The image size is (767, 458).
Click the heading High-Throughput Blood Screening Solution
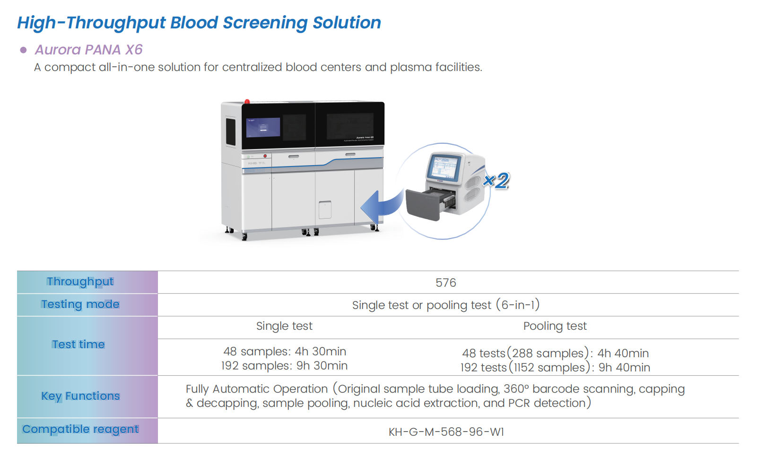click(199, 23)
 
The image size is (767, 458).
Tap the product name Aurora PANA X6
click(88, 50)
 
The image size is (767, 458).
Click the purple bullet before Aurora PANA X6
click(23, 50)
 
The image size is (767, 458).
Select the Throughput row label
click(80, 282)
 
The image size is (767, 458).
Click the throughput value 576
click(445, 283)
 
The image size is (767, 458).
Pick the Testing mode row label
click(80, 304)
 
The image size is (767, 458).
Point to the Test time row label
click(78, 344)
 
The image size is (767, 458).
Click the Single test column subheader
click(284, 326)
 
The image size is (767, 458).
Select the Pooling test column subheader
click(555, 326)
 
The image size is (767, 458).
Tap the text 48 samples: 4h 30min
click(285, 352)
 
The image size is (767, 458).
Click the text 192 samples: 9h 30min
click(284, 366)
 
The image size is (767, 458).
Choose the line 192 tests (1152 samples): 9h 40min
click(555, 368)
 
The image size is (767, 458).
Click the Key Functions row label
click(80, 396)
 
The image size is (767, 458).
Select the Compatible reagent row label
click(80, 429)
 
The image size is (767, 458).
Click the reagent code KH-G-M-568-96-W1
click(446, 432)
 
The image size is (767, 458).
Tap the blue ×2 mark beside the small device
click(497, 180)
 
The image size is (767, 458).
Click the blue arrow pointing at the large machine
click(381, 206)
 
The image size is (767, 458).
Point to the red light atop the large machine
click(247, 101)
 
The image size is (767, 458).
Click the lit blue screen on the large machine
click(263, 127)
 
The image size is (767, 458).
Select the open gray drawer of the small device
click(424, 204)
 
